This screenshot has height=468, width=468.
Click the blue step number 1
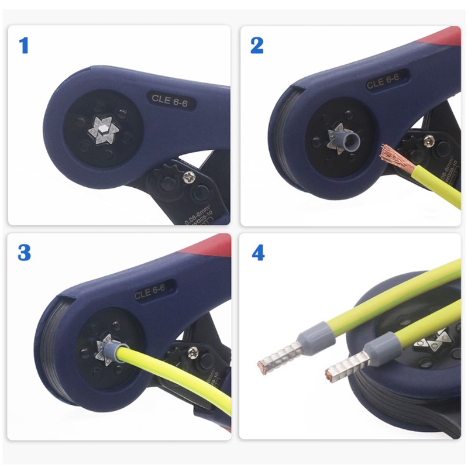point(24,45)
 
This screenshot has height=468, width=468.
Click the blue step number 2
point(257,45)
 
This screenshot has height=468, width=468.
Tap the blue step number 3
point(24,253)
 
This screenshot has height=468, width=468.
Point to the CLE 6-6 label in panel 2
point(384,82)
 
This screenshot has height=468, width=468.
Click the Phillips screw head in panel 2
point(429,140)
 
